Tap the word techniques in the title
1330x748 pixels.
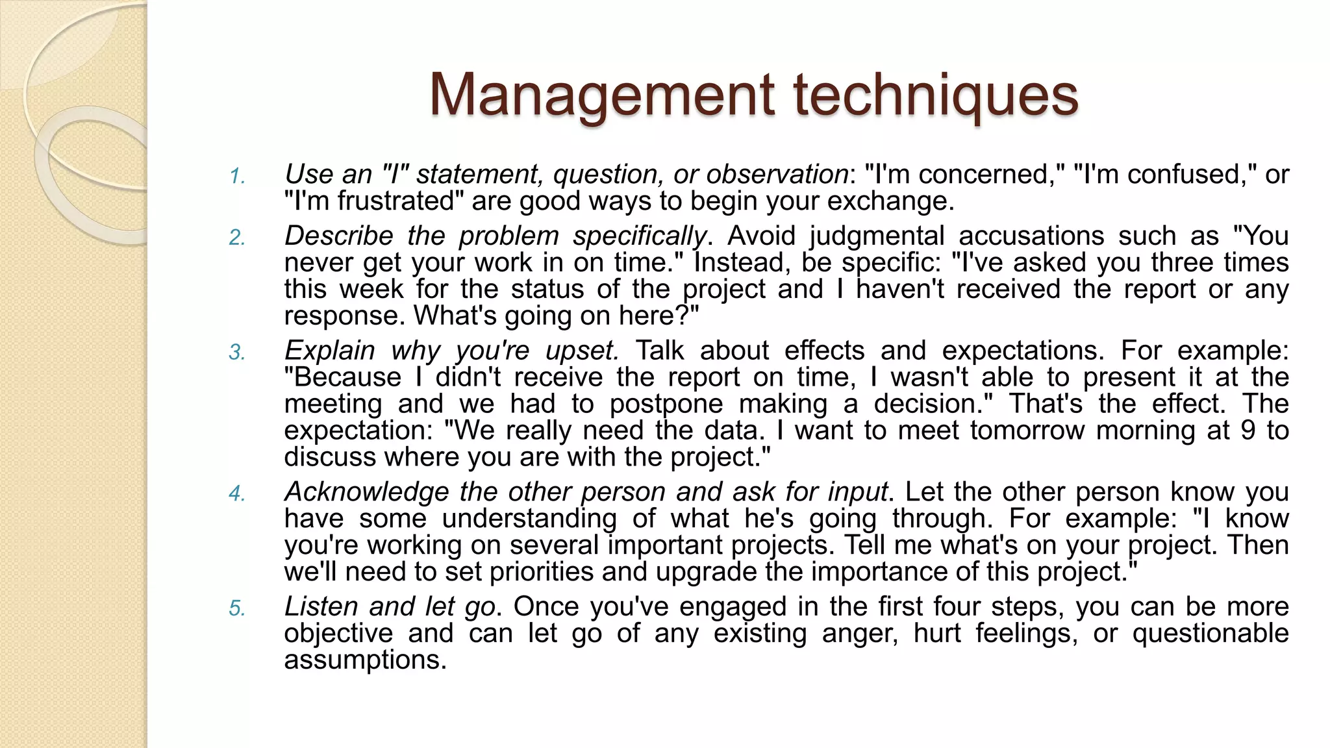[936, 95]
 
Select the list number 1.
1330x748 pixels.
[236, 176]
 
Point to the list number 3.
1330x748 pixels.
[236, 353]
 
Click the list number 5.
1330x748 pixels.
[236, 608]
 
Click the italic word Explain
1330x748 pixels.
[329, 351]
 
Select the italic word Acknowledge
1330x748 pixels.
[366, 492]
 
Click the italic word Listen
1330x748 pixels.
[321, 606]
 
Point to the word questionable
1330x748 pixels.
[1211, 633]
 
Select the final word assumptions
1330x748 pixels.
[365, 660]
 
